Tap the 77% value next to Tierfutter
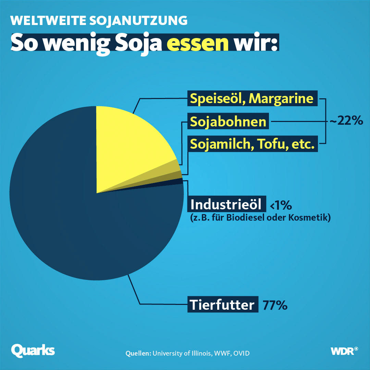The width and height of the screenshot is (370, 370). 275,305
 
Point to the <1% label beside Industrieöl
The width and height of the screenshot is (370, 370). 281,206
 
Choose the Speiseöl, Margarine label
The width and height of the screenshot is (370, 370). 252,99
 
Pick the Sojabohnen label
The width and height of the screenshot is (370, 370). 228,122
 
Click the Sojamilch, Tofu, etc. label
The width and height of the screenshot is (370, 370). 252,144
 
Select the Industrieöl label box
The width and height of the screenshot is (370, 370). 226,205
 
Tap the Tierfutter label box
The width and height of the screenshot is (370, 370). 222,305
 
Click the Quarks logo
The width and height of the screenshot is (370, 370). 33,350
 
